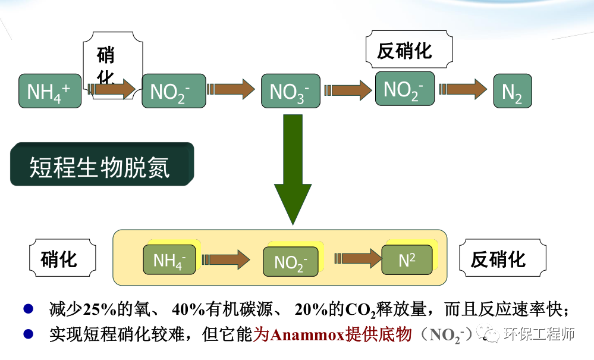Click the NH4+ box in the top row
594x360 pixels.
coord(50,91)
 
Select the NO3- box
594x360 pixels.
coord(290,91)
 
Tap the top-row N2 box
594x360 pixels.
coord(512,91)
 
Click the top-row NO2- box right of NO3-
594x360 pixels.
coord(404,89)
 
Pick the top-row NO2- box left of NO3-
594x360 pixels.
coord(174,91)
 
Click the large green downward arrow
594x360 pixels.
coord(293,170)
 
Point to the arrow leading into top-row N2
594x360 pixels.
coord(464,89)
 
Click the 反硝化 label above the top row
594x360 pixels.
coord(404,51)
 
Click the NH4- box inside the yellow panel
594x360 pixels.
coord(169,260)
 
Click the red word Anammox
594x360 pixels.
coord(309,335)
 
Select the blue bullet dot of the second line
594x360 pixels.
coord(28,334)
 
